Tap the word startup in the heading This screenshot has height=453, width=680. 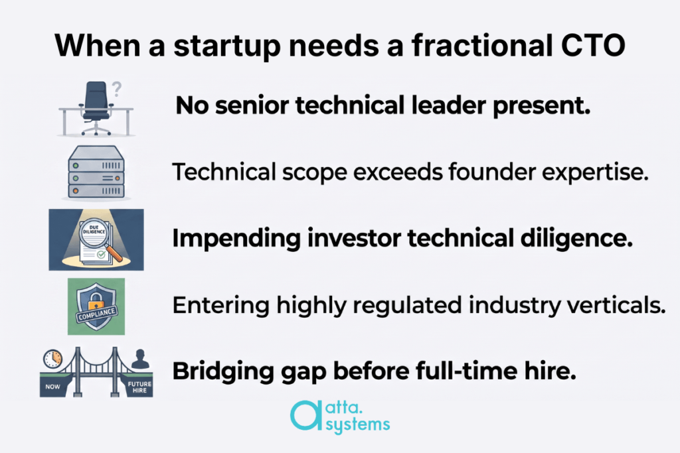click(227, 46)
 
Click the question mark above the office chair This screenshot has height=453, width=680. click(116, 89)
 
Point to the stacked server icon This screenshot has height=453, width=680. click(96, 173)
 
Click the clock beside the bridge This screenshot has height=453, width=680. click(52, 359)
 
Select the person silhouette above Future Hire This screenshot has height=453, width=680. click(140, 359)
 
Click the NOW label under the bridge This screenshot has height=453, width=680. click(53, 387)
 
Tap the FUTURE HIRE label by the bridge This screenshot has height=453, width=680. click(139, 387)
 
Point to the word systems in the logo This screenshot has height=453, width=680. click(358, 425)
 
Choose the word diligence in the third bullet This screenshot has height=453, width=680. click(576, 239)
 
